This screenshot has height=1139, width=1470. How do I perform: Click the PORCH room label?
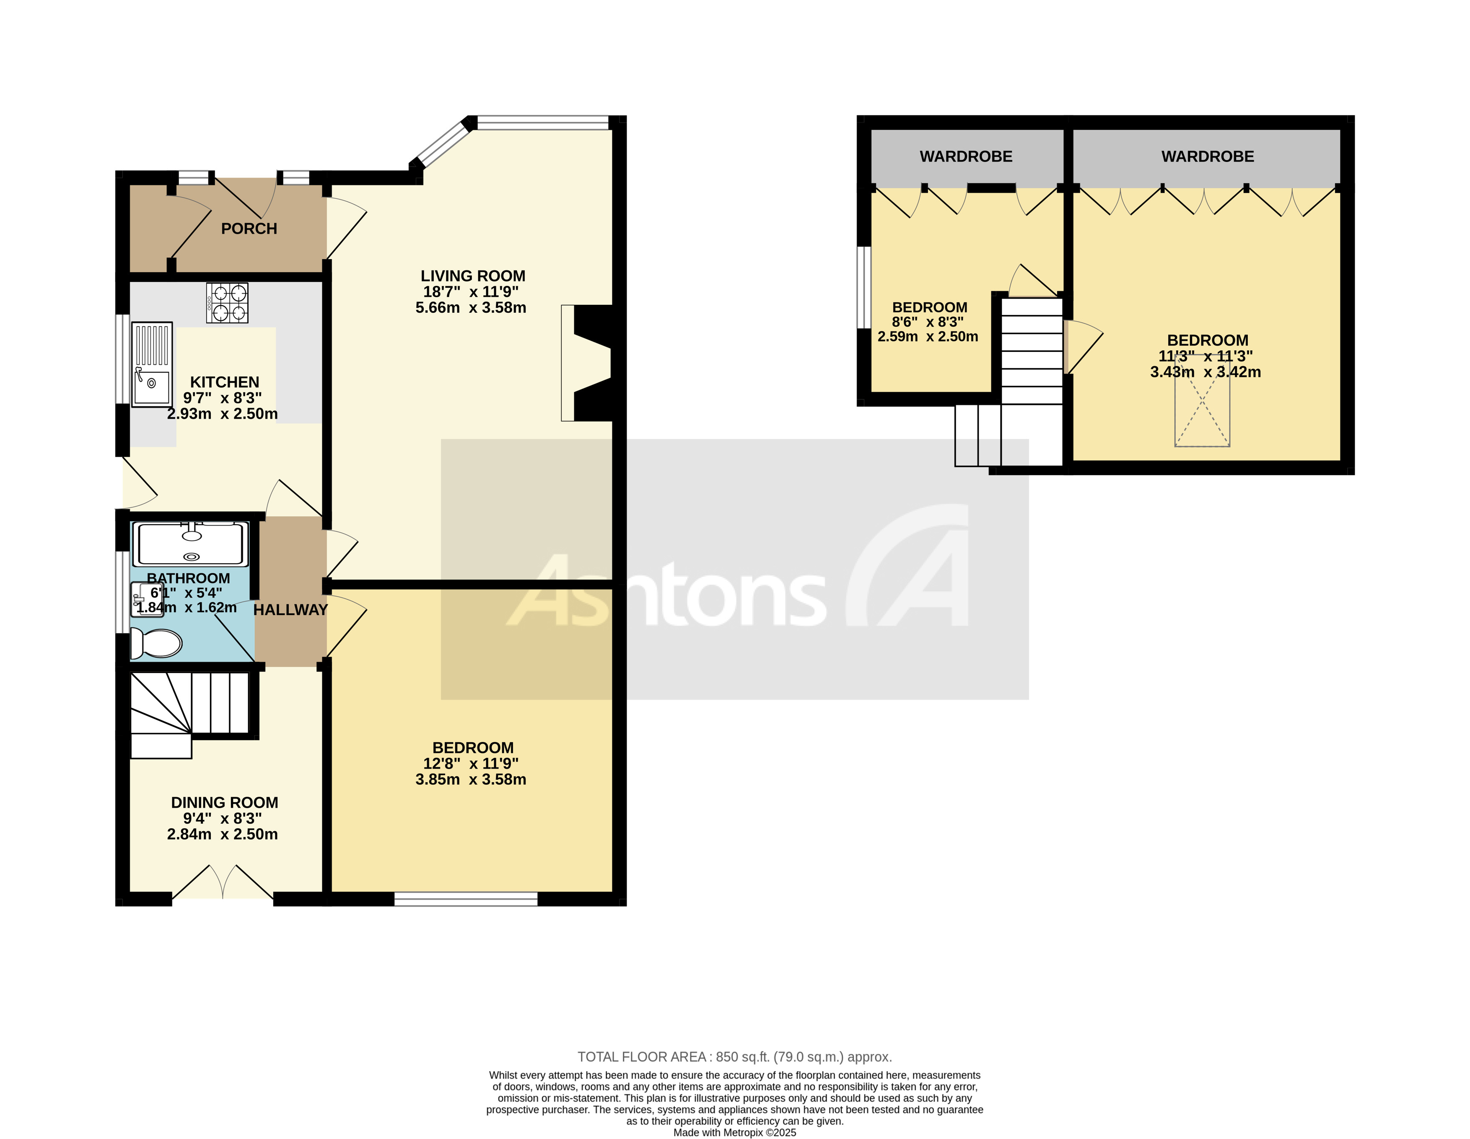[249, 229]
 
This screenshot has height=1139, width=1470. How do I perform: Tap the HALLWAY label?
[290, 610]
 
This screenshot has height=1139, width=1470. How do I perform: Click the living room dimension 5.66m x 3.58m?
[470, 308]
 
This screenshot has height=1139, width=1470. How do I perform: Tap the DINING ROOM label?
[224, 803]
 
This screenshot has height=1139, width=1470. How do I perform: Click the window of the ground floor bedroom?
[466, 899]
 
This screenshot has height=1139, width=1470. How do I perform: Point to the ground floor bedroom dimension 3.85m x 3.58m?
[470, 780]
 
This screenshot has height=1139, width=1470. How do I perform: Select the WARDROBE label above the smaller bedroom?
[966, 157]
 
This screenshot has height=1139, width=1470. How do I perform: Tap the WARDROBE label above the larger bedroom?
[1208, 157]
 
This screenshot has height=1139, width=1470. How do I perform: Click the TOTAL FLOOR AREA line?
[734, 1057]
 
